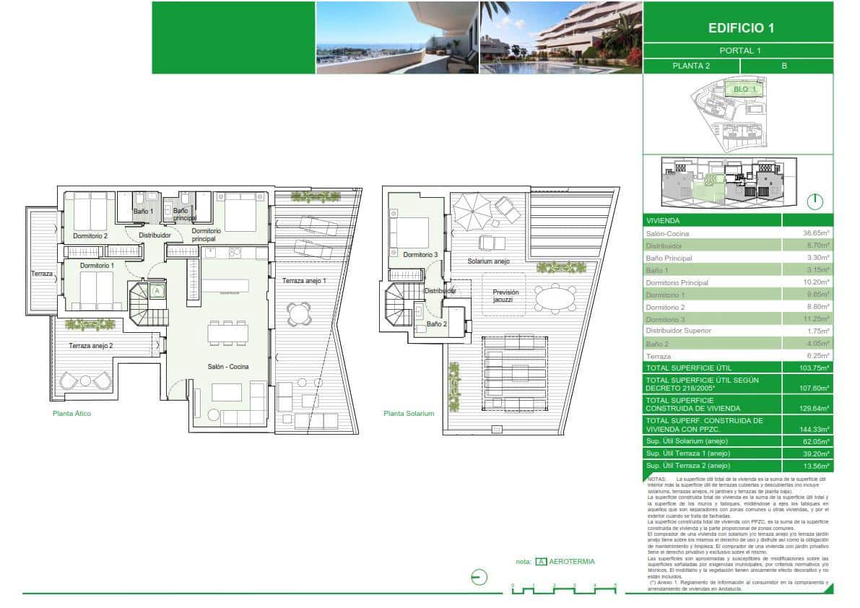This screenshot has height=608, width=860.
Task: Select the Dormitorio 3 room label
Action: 420,255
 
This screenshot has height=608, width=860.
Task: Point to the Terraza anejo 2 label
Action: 91,346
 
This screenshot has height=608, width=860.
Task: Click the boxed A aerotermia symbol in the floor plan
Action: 157,291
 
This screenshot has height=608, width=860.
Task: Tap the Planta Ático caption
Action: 71,414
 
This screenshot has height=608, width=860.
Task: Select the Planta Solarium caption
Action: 409,414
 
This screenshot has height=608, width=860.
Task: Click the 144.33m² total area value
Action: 816,429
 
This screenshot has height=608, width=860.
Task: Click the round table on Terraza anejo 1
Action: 298,313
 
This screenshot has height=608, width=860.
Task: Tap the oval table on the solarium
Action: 557,298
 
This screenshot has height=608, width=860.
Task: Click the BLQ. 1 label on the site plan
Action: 744,90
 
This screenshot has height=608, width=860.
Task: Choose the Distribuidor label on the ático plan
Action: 155,235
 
